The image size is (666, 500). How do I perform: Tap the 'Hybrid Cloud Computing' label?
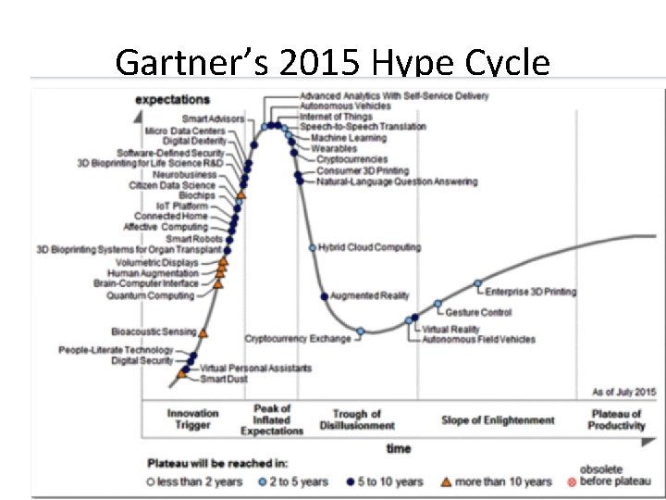[x=369, y=247]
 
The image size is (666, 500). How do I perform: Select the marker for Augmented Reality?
[x=325, y=296]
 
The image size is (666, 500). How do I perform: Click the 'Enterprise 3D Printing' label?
[x=531, y=292]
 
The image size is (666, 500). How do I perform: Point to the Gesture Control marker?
[x=438, y=305]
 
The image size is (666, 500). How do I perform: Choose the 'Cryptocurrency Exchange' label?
[x=298, y=339]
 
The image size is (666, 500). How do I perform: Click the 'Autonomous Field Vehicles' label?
[x=478, y=340]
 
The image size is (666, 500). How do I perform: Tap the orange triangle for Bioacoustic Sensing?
[x=203, y=331]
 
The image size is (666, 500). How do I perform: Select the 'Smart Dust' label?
[x=225, y=379]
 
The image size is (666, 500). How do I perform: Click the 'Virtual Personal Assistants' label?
[x=256, y=368]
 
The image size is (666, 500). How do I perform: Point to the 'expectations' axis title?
[x=172, y=99]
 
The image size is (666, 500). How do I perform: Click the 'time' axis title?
[x=399, y=449]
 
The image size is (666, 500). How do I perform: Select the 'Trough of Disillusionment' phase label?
[x=357, y=419]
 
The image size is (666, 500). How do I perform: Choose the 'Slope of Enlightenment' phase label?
[x=498, y=420]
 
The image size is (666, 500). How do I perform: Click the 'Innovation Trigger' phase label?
[x=193, y=419]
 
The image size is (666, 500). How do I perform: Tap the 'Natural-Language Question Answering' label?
[x=397, y=182]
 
